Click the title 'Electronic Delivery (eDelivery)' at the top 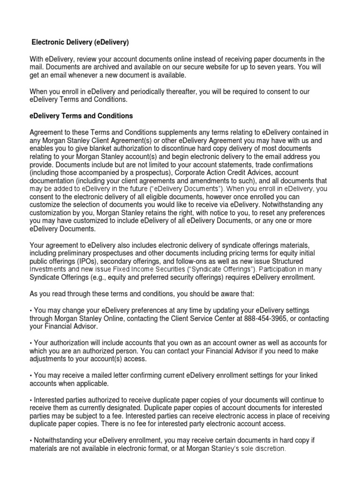(80, 43)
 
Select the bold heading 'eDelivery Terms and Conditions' (81, 116)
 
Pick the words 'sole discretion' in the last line (260, 449)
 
